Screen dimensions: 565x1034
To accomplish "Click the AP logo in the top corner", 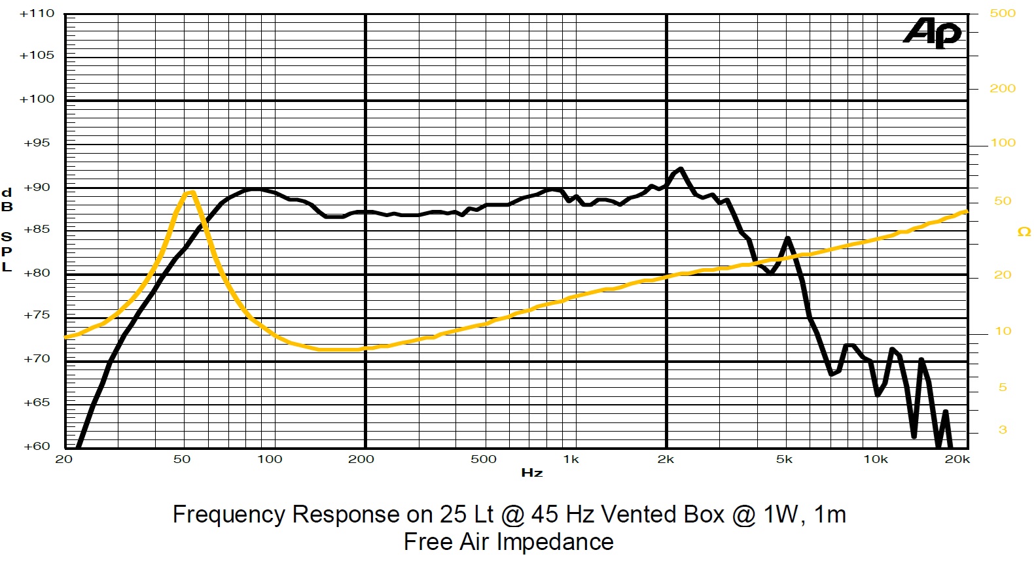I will coord(933,32).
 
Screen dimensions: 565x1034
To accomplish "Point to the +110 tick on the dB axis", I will coord(37,14).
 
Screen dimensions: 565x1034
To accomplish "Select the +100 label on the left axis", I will coord(37,99).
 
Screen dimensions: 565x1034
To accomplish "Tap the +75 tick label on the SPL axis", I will coord(37,315).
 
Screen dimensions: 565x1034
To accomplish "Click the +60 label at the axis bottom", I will coord(37,447).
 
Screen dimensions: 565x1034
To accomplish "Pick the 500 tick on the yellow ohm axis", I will coord(1003,14).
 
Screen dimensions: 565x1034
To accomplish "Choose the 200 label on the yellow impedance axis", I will coord(1003,88).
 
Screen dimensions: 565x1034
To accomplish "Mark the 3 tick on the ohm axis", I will coord(1003,430).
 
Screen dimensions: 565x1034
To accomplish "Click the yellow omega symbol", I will coord(1024,232).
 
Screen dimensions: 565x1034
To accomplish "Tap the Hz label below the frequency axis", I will coord(531,473).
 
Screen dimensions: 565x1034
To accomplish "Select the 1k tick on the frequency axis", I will coord(571,460).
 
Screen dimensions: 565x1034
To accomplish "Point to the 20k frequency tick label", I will coord(957,460).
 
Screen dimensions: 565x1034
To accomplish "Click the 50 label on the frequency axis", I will coord(182,460).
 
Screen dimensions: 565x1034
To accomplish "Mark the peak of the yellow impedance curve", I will coord(190,192).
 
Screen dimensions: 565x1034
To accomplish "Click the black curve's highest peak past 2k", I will coord(681,169).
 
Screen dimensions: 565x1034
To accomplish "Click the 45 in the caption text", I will coord(544,515).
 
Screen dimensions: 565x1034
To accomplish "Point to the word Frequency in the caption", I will coord(228,515).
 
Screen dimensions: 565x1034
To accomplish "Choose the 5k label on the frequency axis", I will coord(784,460).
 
